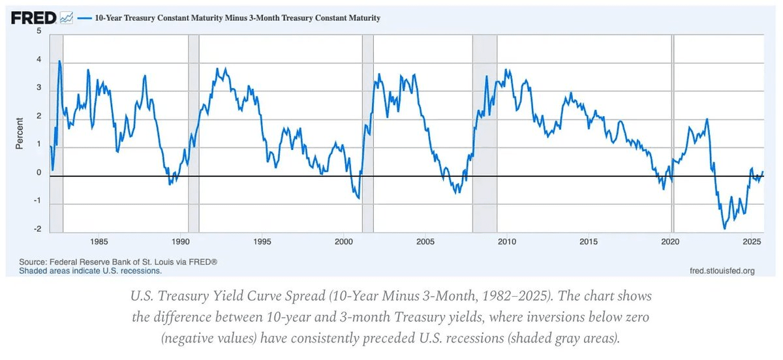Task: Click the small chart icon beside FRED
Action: tap(66, 18)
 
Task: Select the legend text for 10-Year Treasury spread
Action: tap(229, 18)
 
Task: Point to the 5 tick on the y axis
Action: tap(39, 31)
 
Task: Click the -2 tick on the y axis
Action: tap(38, 230)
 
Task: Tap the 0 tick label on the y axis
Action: tap(39, 173)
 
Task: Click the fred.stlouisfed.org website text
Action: tap(722, 270)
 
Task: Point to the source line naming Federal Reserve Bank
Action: tap(118, 262)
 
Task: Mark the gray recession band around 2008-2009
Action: tap(485, 130)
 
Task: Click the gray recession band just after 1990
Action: tap(193, 130)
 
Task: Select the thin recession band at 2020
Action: tap(673, 130)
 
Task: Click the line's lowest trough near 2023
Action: tap(724, 228)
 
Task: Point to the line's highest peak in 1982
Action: tap(59, 61)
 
